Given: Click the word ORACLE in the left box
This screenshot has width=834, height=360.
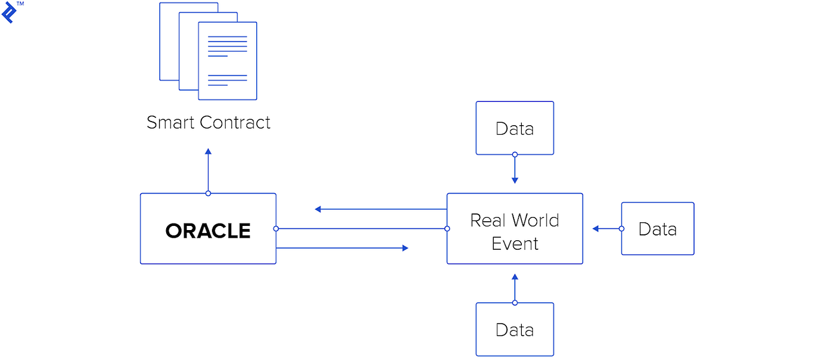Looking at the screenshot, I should click(x=208, y=231).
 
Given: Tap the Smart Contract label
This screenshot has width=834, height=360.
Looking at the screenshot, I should click(x=208, y=123).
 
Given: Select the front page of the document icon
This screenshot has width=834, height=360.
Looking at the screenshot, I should click(x=228, y=61).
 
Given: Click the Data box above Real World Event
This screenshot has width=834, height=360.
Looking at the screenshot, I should click(x=515, y=128).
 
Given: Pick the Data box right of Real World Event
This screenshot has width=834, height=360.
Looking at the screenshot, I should click(x=658, y=229).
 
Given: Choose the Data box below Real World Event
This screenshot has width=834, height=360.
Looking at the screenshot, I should click(x=515, y=330).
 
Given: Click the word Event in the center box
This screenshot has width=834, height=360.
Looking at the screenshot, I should click(x=515, y=244).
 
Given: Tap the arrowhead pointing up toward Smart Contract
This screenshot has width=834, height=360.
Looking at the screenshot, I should click(x=208, y=151).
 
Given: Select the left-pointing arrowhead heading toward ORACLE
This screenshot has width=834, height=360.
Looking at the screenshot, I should click(x=318, y=209).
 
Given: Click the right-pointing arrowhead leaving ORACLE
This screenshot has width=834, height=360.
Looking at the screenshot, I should click(x=405, y=248).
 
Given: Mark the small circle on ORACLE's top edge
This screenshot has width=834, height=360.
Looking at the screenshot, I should click(x=208, y=193).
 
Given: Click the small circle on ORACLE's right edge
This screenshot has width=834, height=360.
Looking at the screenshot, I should click(x=276, y=228).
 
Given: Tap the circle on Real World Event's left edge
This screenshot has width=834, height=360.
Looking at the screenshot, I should click(x=447, y=228).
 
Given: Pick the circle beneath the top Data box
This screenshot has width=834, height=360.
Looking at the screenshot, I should click(x=515, y=154).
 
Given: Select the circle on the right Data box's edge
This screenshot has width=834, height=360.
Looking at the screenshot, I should click(x=621, y=228).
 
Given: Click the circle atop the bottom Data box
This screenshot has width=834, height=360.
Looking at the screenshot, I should click(x=515, y=303).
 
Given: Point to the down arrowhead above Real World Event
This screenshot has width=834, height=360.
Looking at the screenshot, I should click(x=515, y=181).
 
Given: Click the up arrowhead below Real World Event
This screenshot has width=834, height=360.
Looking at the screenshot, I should click(x=515, y=277).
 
